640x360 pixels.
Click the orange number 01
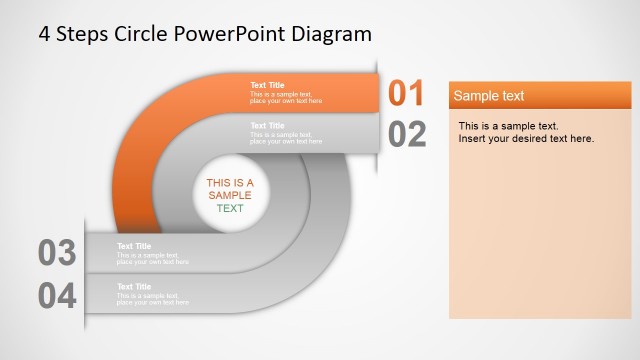pyautogui.click(x=407, y=93)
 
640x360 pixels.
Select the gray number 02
pyautogui.click(x=407, y=134)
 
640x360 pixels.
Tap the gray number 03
pyautogui.click(x=57, y=253)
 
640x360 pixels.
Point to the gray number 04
pyautogui.click(x=57, y=295)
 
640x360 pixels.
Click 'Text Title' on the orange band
pyautogui.click(x=267, y=85)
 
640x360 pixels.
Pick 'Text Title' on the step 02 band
pyautogui.click(x=267, y=126)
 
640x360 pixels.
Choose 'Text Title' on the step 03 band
pyautogui.click(x=134, y=246)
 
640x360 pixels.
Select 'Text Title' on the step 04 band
pyautogui.click(x=134, y=286)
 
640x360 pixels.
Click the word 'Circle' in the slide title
pyautogui.click(x=141, y=33)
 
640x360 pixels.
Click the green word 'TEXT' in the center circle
pyautogui.click(x=230, y=209)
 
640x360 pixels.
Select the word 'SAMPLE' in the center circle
pyautogui.click(x=230, y=196)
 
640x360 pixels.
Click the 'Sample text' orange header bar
pyautogui.click(x=540, y=96)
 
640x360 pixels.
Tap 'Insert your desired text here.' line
pyautogui.click(x=526, y=138)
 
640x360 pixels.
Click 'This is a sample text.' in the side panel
pyautogui.click(x=508, y=126)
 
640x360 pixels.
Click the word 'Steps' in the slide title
pyautogui.click(x=82, y=33)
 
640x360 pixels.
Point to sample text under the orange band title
pyautogui.click(x=286, y=98)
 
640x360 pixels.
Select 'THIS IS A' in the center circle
pyautogui.click(x=230, y=183)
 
